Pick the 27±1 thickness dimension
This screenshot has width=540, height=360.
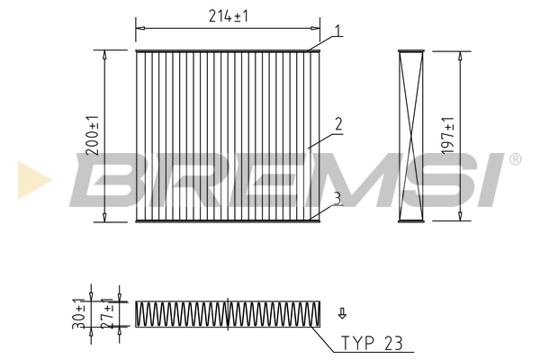[107, 311]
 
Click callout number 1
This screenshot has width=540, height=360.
[337, 31]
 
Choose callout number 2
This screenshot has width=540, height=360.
[337, 125]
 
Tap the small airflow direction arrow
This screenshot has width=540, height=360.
[342, 314]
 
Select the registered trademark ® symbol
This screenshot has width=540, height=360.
[515, 160]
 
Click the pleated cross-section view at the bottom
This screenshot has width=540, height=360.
[228, 313]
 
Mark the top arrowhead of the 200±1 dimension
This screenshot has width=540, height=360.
[105, 54]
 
